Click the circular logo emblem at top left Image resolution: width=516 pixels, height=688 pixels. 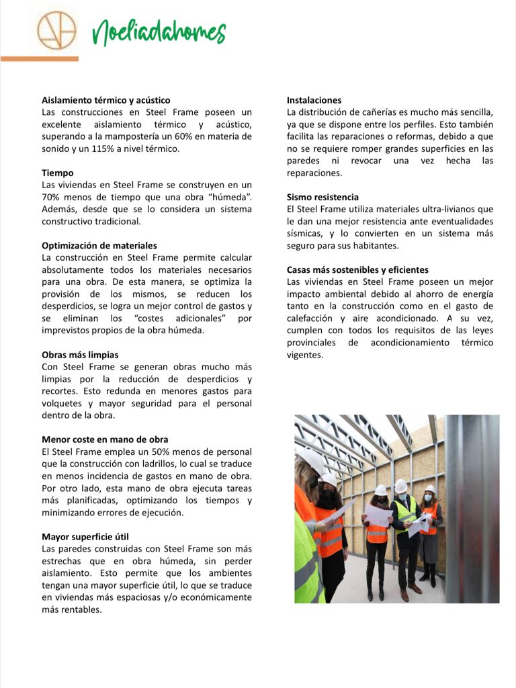56,31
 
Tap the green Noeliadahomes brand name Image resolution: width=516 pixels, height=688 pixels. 159,32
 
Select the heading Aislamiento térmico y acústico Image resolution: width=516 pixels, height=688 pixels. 106,100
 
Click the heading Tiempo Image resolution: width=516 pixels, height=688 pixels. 58,173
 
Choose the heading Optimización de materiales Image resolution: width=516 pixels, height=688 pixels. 99,245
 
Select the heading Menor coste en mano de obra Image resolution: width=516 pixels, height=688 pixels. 105,439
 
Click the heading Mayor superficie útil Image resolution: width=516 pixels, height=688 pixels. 85,537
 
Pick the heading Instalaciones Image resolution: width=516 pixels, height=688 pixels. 314,100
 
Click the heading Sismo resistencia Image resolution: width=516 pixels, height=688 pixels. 322,197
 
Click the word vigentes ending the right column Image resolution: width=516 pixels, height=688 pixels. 305,354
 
